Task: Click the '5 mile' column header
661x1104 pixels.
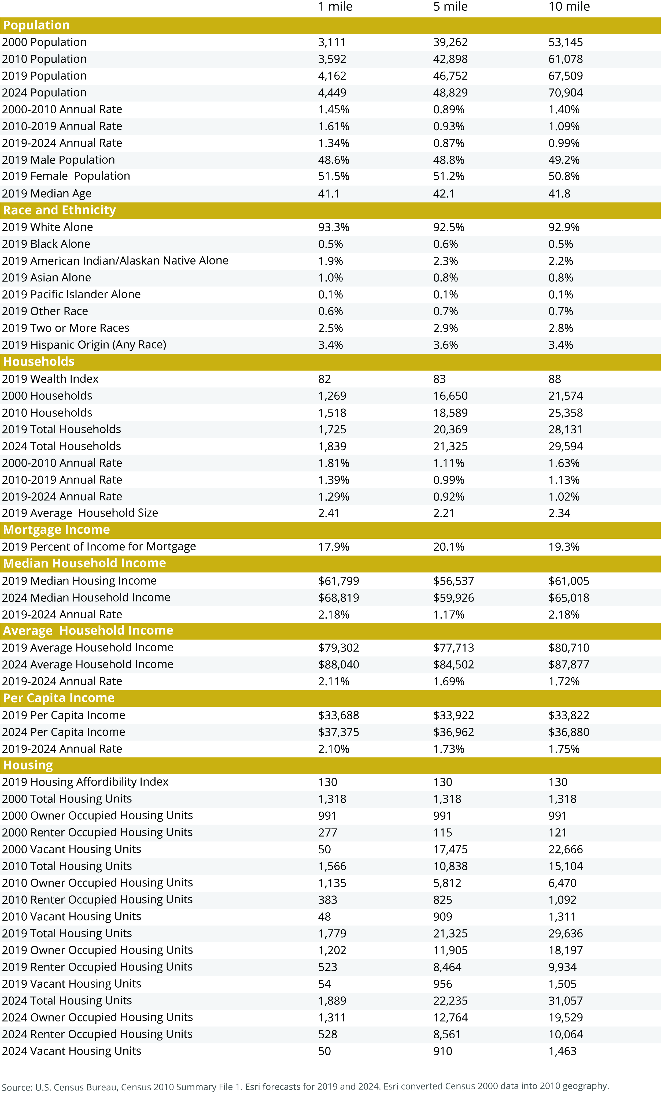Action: (x=450, y=7)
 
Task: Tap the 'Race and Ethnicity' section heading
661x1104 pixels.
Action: (x=59, y=210)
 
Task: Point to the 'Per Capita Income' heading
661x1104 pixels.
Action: (x=59, y=698)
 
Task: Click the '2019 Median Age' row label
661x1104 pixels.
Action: (x=47, y=194)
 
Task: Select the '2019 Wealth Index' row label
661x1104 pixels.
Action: (x=50, y=379)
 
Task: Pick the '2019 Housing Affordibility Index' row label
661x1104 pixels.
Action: (x=85, y=782)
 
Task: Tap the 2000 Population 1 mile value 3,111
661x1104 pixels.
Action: (x=332, y=43)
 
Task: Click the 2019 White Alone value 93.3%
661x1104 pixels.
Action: (x=334, y=228)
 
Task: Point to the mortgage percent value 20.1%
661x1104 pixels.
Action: (x=449, y=547)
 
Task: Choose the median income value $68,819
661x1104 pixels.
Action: (x=338, y=598)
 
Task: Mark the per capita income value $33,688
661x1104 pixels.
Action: (x=338, y=715)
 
